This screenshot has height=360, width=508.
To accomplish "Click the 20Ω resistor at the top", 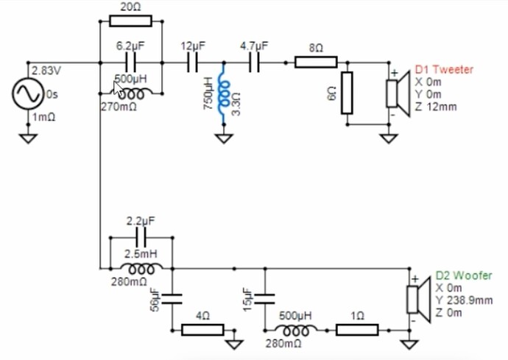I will [130, 21].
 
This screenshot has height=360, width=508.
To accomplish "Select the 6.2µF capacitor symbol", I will [130, 63].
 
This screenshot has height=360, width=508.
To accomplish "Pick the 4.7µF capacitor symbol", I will [254, 63].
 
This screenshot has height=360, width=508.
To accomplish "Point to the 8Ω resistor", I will [315, 63].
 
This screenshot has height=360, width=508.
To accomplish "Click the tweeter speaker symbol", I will [395, 93].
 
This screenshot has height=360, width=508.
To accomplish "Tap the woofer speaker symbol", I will [415, 300].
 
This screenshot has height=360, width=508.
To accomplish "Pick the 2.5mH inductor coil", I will [141, 268].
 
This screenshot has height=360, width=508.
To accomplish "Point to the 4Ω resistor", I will [202, 330].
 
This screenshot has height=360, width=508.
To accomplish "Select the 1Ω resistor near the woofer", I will [357, 330].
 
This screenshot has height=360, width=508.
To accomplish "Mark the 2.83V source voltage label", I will [43, 71].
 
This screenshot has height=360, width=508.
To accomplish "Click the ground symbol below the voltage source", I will [29, 136].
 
